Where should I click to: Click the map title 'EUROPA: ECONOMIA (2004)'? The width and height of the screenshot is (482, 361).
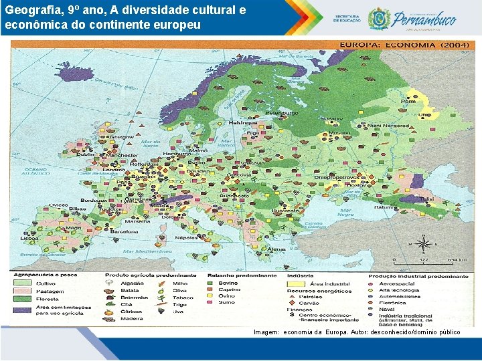click(396, 45)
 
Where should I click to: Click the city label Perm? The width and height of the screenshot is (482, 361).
click(408, 102)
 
